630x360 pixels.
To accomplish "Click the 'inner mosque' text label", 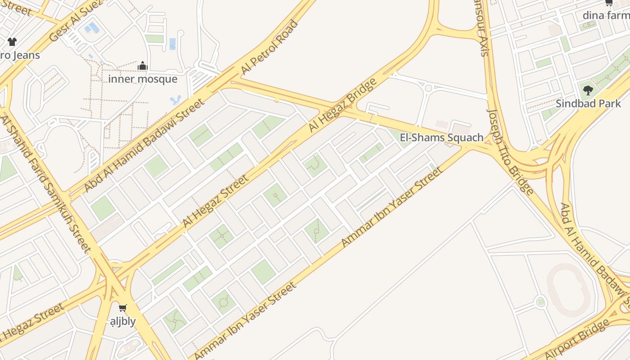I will [x=143, y=79].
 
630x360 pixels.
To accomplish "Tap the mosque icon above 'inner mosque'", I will [x=143, y=66].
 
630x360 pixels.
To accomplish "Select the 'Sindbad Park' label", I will [x=588, y=103].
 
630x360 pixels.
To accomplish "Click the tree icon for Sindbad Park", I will [x=588, y=90].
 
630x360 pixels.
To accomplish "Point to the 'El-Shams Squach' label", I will [x=441, y=137].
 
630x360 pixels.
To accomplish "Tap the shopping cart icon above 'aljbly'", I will [x=122, y=308].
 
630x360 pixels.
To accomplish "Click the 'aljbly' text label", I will [x=123, y=321].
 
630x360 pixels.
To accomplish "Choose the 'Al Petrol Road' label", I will [x=270, y=47].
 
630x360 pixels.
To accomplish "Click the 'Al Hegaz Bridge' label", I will [x=342, y=105].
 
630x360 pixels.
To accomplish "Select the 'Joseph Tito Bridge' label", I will [x=510, y=152].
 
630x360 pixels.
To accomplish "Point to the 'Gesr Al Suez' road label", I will [x=76, y=20].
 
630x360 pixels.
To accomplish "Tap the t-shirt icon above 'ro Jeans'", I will [x=12, y=42].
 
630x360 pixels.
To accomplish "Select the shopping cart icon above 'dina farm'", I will [x=609, y=3].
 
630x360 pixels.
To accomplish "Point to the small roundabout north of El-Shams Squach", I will [x=428, y=88].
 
